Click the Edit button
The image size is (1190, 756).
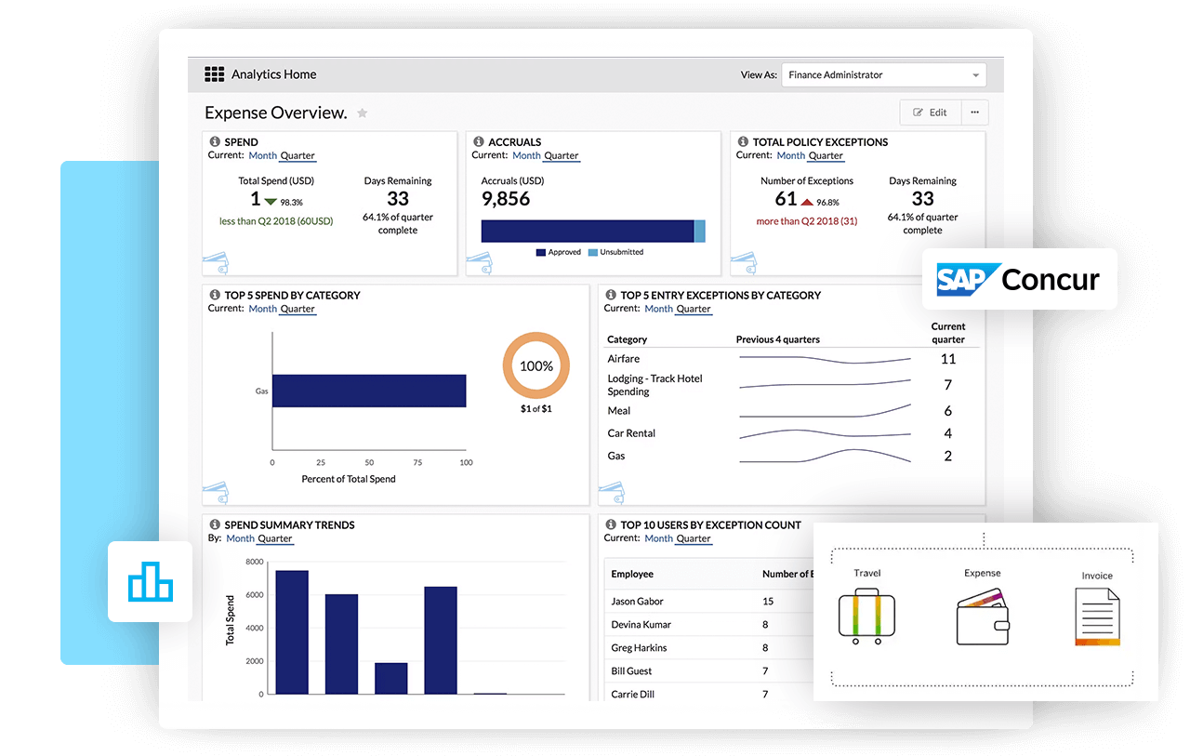pyautogui.click(x=930, y=113)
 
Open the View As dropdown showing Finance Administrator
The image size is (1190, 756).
pyautogui.click(x=883, y=75)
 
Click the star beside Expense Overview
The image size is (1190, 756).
pyautogui.click(x=363, y=113)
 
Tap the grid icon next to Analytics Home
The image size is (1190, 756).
pyautogui.click(x=215, y=74)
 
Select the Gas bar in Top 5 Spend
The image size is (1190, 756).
pyautogui.click(x=368, y=391)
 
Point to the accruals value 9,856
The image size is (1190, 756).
pyautogui.click(x=506, y=199)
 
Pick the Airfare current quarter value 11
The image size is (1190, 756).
pyautogui.click(x=947, y=359)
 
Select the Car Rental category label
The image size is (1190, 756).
pyautogui.click(x=631, y=433)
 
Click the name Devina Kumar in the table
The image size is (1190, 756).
pyautogui.click(x=641, y=625)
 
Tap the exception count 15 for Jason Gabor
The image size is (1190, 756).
pyautogui.click(x=768, y=602)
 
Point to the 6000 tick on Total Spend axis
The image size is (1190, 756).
pyautogui.click(x=254, y=595)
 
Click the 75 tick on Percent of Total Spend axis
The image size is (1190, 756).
pyautogui.click(x=417, y=462)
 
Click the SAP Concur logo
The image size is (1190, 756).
pyautogui.click(x=1019, y=279)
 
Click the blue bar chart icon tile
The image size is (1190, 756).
pyautogui.click(x=150, y=582)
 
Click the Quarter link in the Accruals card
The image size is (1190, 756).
pyautogui.click(x=561, y=155)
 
